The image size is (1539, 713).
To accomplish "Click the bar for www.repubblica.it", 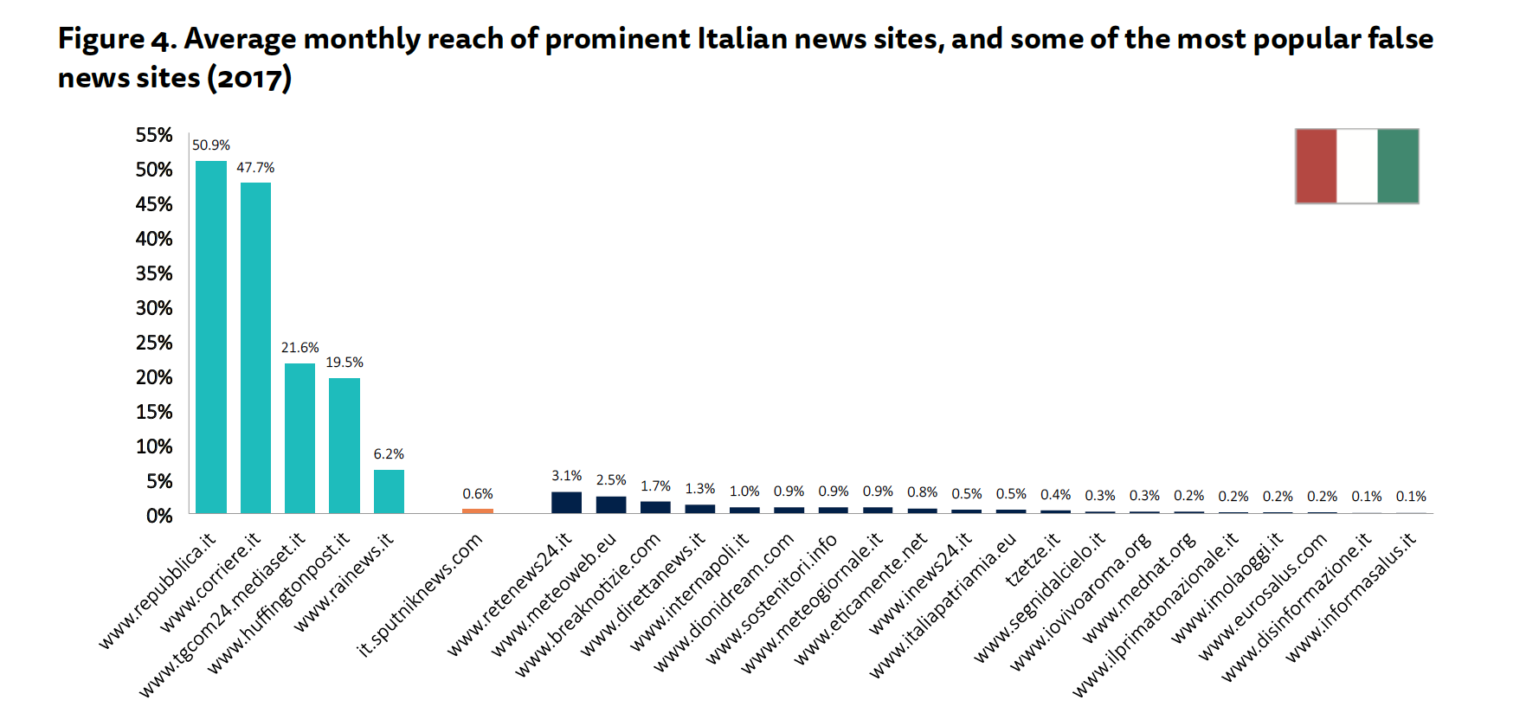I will coord(211,337).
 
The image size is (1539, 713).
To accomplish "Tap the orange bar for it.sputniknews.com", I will coord(477,511).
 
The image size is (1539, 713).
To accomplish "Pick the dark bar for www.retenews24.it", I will coord(566,503).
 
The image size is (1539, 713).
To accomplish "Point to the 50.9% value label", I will coord(211,145).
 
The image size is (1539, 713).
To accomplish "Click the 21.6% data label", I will coord(299,348).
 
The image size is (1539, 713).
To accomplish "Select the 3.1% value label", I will coord(566,476).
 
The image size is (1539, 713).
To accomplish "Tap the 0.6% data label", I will coord(477,494).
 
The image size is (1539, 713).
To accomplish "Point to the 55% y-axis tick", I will coord(154,135).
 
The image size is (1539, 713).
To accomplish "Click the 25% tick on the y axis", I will coord(154,343).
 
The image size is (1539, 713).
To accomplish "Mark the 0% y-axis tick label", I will coord(159,517).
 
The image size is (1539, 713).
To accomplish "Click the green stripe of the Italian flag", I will coord(1397,166).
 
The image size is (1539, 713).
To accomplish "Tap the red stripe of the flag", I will coord(1316,166).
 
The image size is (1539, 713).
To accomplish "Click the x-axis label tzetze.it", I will coord(1034,560).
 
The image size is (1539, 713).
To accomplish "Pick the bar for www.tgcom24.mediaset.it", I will coord(299,438).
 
